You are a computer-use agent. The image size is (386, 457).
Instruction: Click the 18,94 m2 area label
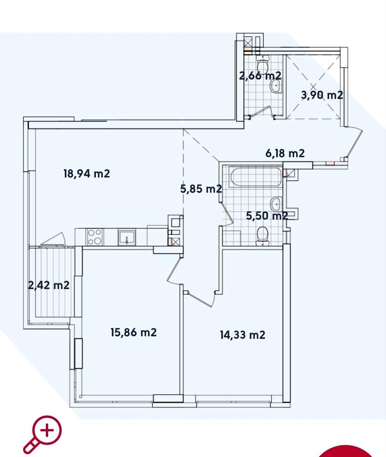click(87, 174)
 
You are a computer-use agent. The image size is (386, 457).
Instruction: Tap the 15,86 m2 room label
click(133, 332)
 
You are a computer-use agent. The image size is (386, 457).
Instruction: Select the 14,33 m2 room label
click(243, 335)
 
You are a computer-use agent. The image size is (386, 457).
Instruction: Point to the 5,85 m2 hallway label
click(201, 189)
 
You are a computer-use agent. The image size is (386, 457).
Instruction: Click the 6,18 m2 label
click(285, 153)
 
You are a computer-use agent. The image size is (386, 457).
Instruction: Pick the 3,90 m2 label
click(322, 95)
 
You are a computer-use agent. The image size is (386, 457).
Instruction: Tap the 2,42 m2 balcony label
click(49, 285)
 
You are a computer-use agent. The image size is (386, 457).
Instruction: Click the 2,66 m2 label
click(260, 76)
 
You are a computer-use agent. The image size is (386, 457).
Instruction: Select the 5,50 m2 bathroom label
click(267, 216)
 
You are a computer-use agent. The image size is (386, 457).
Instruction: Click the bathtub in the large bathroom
click(256, 177)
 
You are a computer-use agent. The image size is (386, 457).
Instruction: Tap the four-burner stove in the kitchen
click(95, 237)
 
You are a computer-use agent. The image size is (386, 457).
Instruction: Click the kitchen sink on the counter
click(127, 237)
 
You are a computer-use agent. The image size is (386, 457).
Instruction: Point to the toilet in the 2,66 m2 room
click(262, 63)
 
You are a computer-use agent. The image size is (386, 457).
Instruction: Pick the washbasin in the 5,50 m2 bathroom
click(276, 204)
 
